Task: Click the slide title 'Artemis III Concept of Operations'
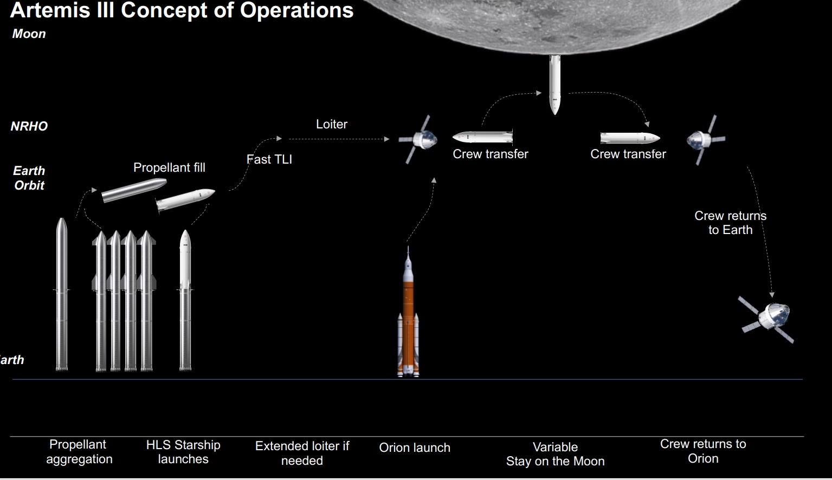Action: tap(182, 10)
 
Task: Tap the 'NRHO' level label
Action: tap(29, 126)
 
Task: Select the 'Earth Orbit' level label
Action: tap(29, 178)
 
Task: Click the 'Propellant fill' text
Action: tap(169, 167)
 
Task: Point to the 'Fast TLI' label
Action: tap(269, 159)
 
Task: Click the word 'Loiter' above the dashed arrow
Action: tap(332, 124)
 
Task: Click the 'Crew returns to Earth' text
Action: tap(730, 223)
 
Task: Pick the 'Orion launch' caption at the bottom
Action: tap(415, 447)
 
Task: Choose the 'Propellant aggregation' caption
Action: tap(79, 452)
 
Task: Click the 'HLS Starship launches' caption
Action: tap(183, 452)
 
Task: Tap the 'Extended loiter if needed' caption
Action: tap(302, 453)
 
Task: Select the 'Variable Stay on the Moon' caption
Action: tap(555, 454)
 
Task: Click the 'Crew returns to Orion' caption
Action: tap(703, 451)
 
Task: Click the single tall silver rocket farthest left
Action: tap(62, 295)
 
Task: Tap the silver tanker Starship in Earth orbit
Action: tap(134, 190)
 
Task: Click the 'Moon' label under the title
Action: tap(29, 34)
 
